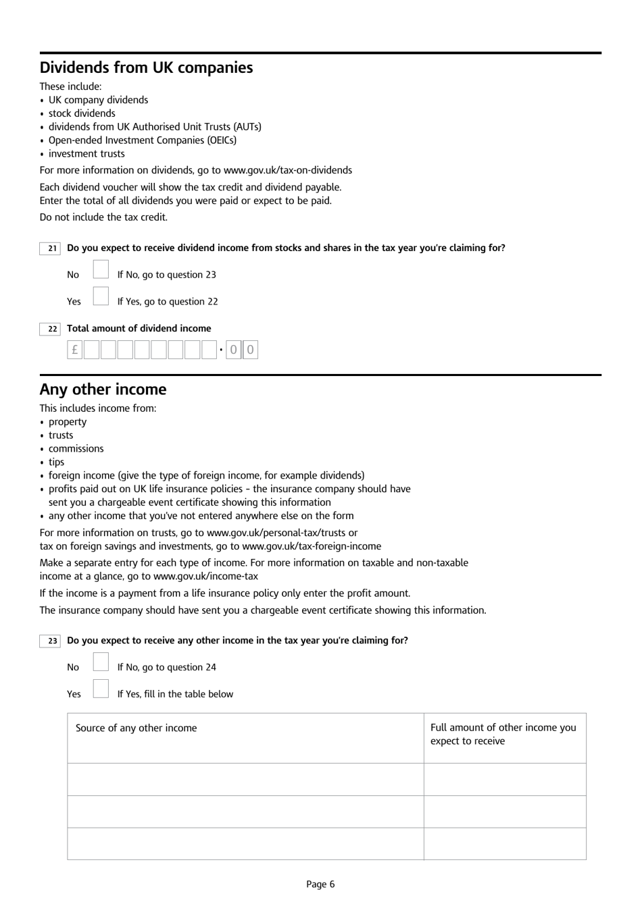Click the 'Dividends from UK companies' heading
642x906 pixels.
coord(146,68)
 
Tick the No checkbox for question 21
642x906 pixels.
coord(101,270)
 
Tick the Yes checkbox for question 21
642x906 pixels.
coord(101,297)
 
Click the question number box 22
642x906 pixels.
coord(51,329)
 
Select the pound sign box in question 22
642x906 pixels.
coord(74,350)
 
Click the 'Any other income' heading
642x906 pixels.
coord(103,390)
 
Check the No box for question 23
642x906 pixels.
coord(101,663)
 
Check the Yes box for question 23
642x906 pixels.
coord(101,689)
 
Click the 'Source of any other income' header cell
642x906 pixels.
coord(137,728)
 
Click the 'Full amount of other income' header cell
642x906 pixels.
coord(503,734)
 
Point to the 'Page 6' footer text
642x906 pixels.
coord(320,884)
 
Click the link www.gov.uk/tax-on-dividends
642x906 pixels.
coord(287,170)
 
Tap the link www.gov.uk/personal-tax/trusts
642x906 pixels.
coord(277,533)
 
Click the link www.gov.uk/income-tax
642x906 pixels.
coord(205,576)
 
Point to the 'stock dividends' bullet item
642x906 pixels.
coord(82,113)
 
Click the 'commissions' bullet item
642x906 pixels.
coord(76,448)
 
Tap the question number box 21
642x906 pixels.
coord(51,248)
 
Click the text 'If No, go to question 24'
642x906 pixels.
coord(167,667)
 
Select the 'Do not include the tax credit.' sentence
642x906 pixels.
coord(103,217)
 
